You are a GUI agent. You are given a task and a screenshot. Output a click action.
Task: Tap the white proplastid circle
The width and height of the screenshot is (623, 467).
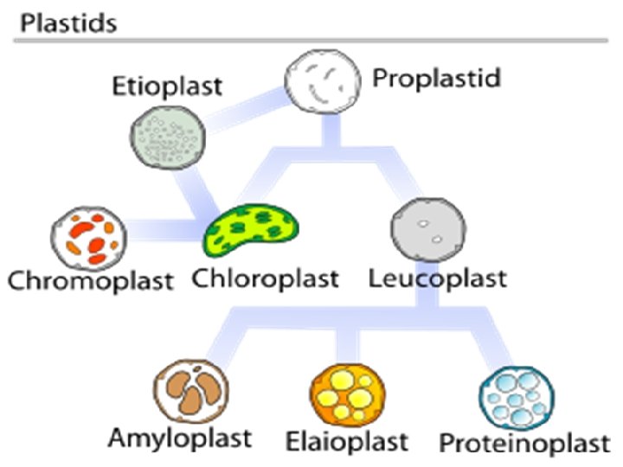322,83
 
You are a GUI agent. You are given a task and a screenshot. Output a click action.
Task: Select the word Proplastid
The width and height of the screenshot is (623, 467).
437,79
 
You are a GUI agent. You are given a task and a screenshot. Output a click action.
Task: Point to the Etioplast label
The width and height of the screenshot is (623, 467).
166,87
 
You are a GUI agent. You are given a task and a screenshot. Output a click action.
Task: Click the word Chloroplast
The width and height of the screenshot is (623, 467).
264,279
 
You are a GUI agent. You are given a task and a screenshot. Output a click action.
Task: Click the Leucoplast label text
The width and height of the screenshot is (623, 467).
437,279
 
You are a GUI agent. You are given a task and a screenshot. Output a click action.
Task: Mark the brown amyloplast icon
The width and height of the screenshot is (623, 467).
191,391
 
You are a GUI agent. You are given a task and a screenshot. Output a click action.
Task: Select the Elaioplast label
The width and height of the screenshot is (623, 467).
346,442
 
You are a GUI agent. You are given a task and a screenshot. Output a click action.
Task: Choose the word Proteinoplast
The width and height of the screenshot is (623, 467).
524,444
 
